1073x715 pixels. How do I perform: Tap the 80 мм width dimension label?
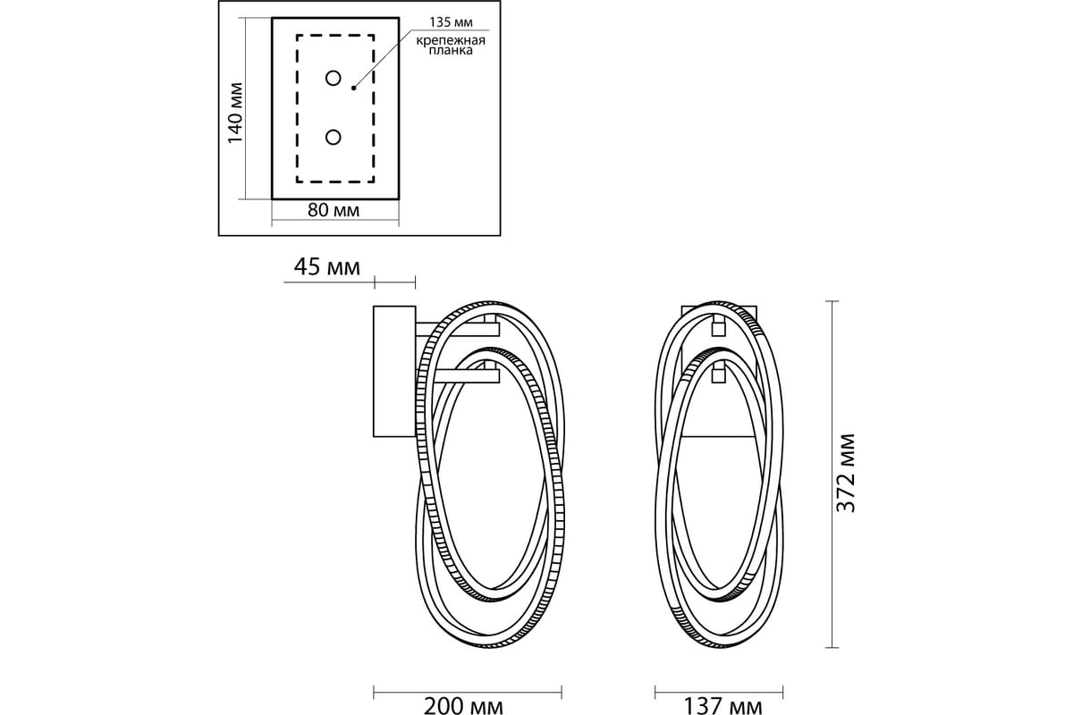(334, 212)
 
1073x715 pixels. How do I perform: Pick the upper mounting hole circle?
(334, 79)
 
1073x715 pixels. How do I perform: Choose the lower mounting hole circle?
(334, 137)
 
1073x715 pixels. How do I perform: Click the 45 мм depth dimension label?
(326, 267)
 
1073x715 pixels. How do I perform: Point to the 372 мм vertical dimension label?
(845, 473)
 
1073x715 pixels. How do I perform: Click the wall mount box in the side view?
(393, 371)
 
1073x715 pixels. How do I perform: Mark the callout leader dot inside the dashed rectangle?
(354, 88)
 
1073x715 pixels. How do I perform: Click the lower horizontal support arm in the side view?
(468, 379)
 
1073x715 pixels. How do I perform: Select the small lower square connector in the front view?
(716, 378)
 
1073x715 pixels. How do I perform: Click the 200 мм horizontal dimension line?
(468, 690)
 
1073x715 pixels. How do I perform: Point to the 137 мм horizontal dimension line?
(720, 690)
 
